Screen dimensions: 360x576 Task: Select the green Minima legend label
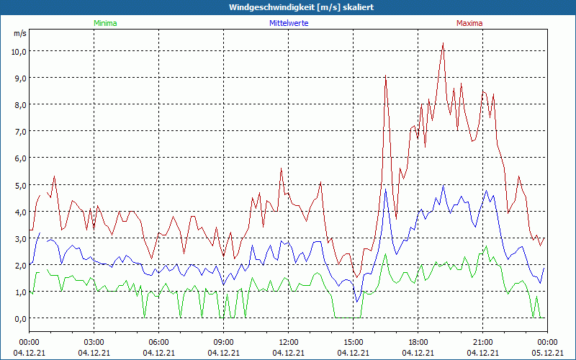click(x=104, y=23)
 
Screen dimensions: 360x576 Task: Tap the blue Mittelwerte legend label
click(x=288, y=23)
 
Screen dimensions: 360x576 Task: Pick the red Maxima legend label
click(x=469, y=23)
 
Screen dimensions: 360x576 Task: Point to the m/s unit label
click(x=19, y=33)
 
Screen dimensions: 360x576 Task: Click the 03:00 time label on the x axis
click(x=94, y=342)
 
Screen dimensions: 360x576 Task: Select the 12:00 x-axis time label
click(x=289, y=342)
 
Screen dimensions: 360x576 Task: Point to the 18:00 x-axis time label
click(x=418, y=342)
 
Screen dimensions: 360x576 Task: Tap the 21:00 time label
click(x=483, y=342)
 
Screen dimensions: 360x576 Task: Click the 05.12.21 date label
click(x=547, y=353)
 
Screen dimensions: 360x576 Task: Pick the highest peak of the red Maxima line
click(x=444, y=44)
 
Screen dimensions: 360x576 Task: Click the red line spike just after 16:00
click(x=386, y=76)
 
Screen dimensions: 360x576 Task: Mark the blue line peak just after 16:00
click(x=386, y=189)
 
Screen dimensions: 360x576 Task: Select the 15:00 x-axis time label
click(x=354, y=342)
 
